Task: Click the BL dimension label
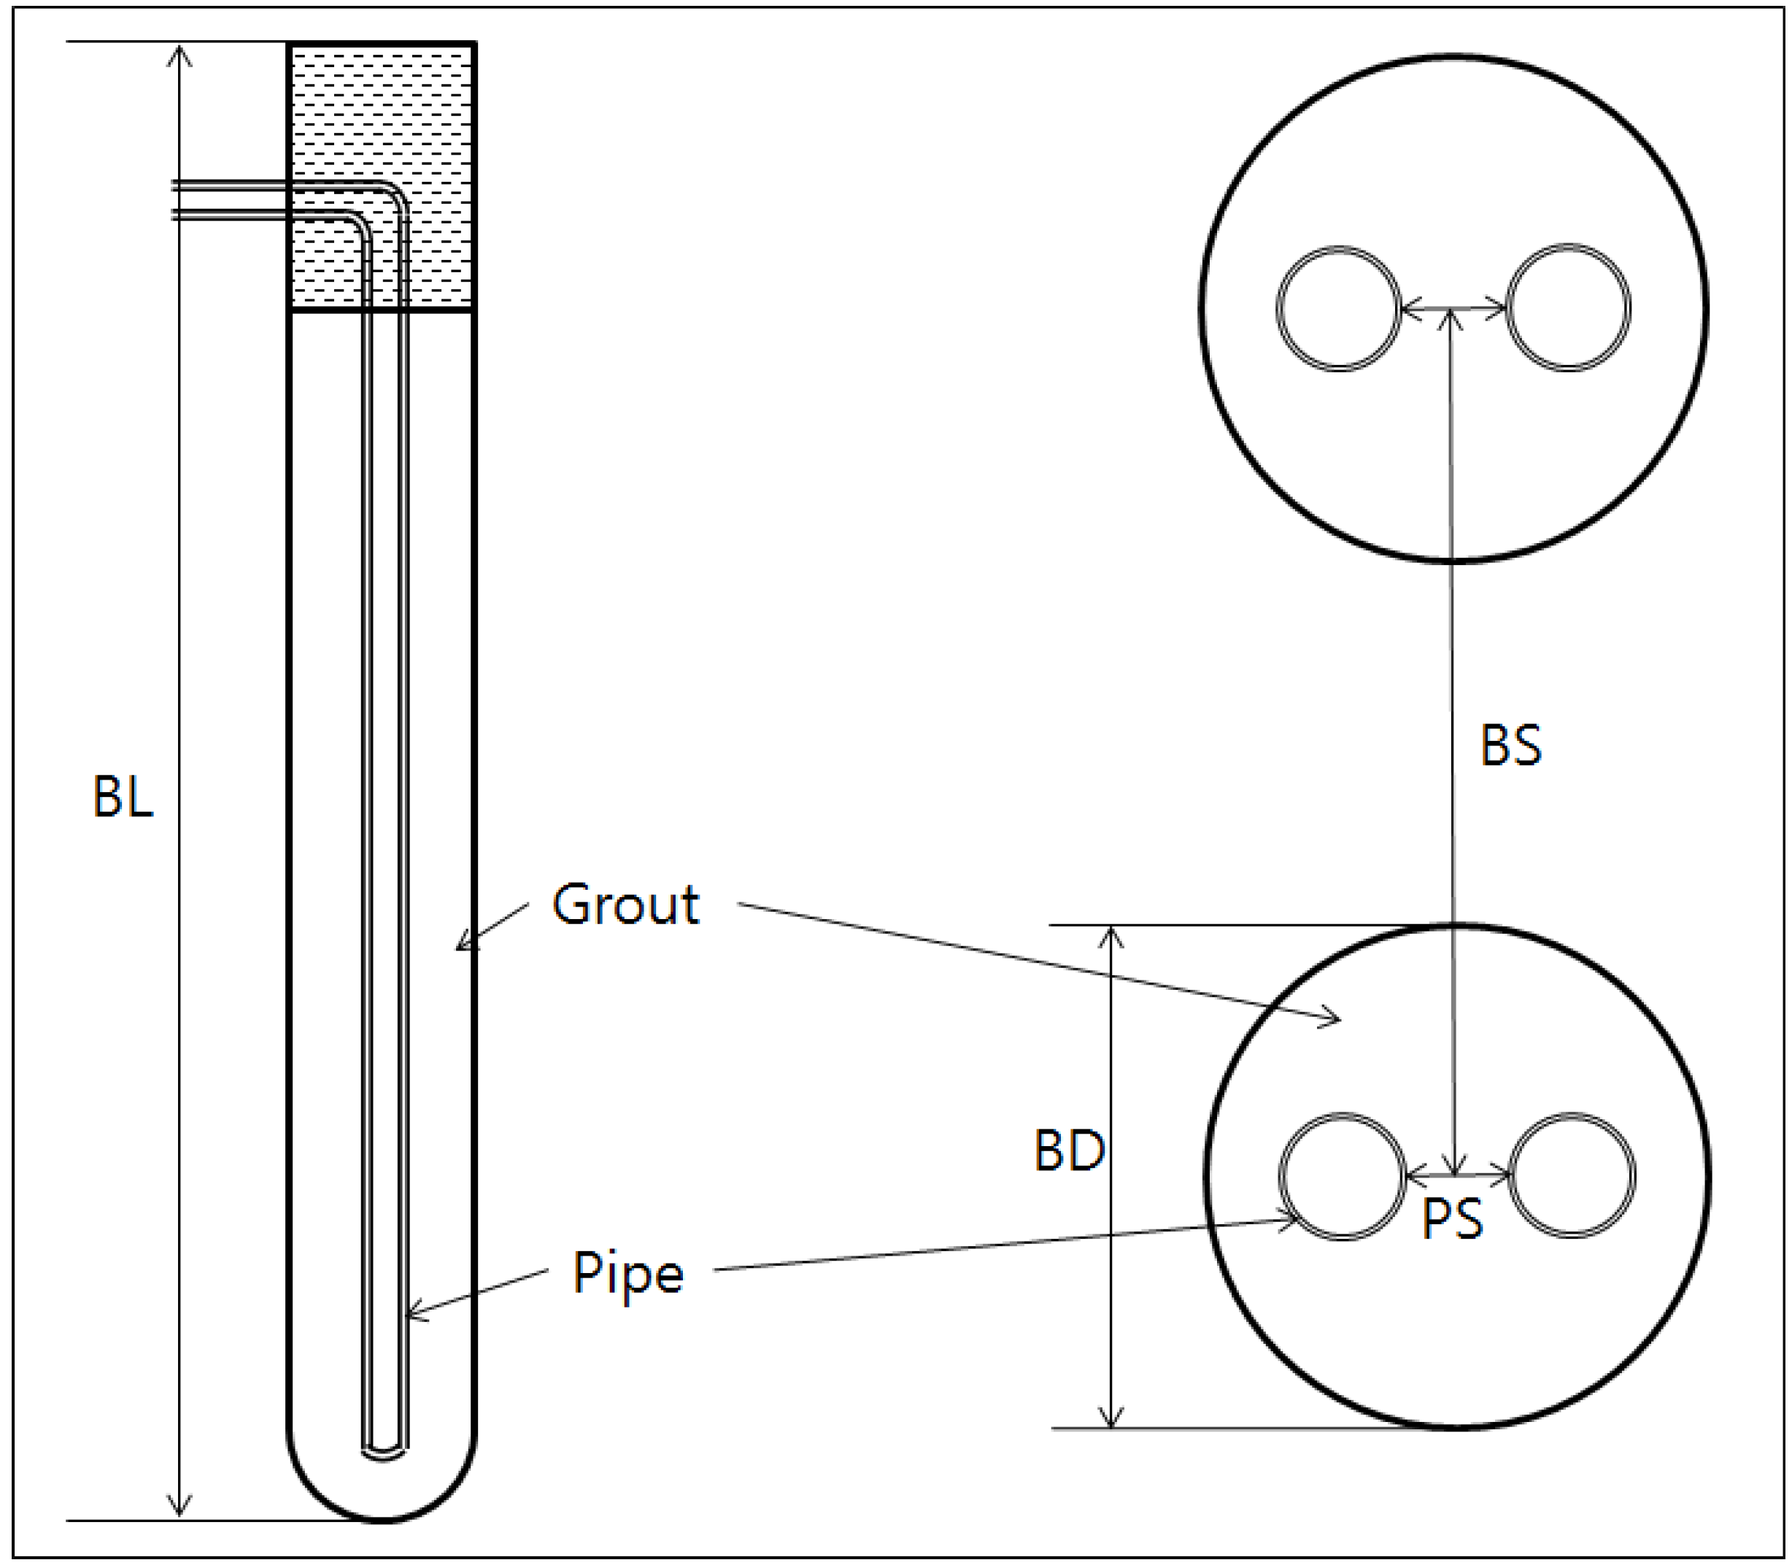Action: [123, 796]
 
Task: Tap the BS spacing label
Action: [1510, 746]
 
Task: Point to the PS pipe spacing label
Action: [1452, 1218]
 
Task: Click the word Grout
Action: [625, 904]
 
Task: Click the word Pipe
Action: [628, 1273]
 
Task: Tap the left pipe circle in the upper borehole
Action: [1338, 309]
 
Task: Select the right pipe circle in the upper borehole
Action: [1569, 308]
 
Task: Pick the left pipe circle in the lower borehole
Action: [1343, 1176]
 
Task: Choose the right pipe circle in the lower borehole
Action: [1572, 1175]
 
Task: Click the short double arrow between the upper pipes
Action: [1453, 308]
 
